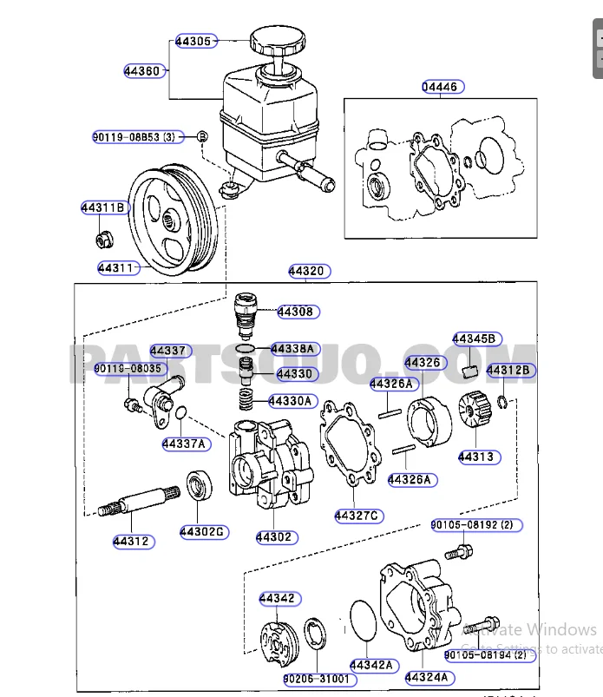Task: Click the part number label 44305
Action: (x=193, y=40)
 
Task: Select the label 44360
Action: (x=141, y=71)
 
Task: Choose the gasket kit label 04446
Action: (x=442, y=87)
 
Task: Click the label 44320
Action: (x=307, y=272)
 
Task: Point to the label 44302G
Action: (x=202, y=531)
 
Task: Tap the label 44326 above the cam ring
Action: (x=423, y=362)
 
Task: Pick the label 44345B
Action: (x=474, y=339)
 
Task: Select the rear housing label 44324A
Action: (x=427, y=677)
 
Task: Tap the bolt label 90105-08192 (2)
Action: (x=475, y=525)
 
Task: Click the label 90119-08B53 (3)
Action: (x=134, y=137)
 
